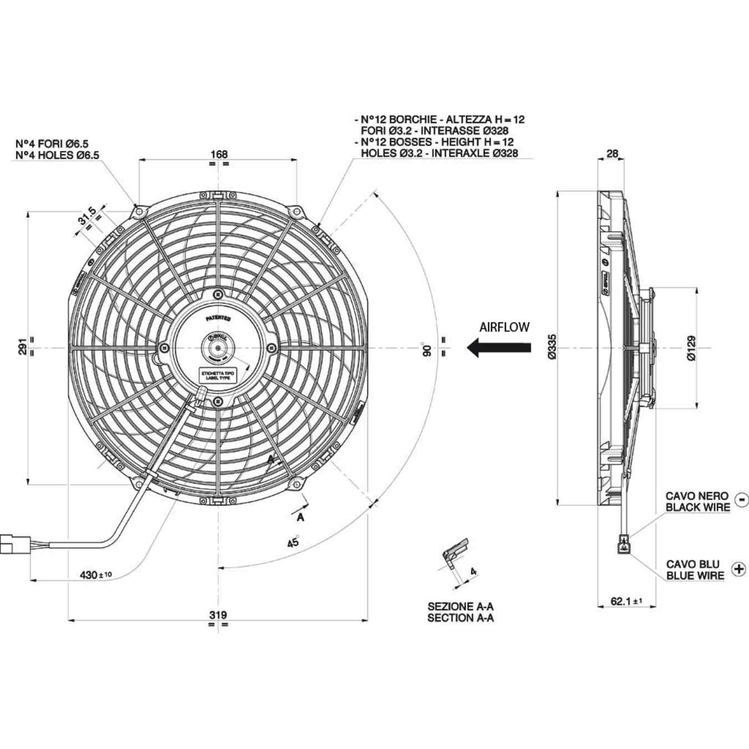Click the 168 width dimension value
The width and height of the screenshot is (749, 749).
pos(219,154)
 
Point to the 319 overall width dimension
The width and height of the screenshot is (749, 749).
pos(218,615)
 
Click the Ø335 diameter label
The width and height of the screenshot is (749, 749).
pos(551,347)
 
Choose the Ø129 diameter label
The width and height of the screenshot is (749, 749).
pos(691,348)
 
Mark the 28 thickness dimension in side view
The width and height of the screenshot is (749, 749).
pos(612,154)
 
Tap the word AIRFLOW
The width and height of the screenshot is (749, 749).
pos(504,327)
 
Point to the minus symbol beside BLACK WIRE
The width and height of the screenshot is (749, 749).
pos(741,500)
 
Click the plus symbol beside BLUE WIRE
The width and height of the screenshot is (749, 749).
pos(738,569)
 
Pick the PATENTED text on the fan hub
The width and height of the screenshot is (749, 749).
pos(218,318)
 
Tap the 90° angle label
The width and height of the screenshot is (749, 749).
pos(427,350)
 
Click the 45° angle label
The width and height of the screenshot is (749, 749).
pos(293,541)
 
